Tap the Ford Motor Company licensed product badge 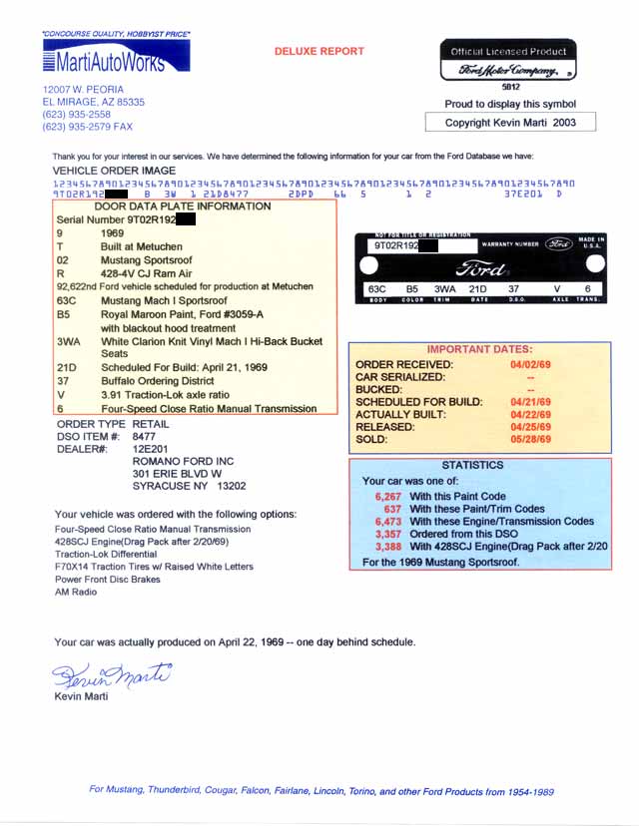(x=508, y=61)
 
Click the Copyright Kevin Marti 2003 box (x=509, y=123)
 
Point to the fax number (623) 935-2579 (x=87, y=127)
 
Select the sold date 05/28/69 (x=530, y=436)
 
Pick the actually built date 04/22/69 (x=530, y=412)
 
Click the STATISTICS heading (x=472, y=465)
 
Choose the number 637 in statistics (x=391, y=509)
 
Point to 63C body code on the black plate (x=376, y=289)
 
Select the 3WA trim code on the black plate (x=444, y=289)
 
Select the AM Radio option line (x=76, y=592)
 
